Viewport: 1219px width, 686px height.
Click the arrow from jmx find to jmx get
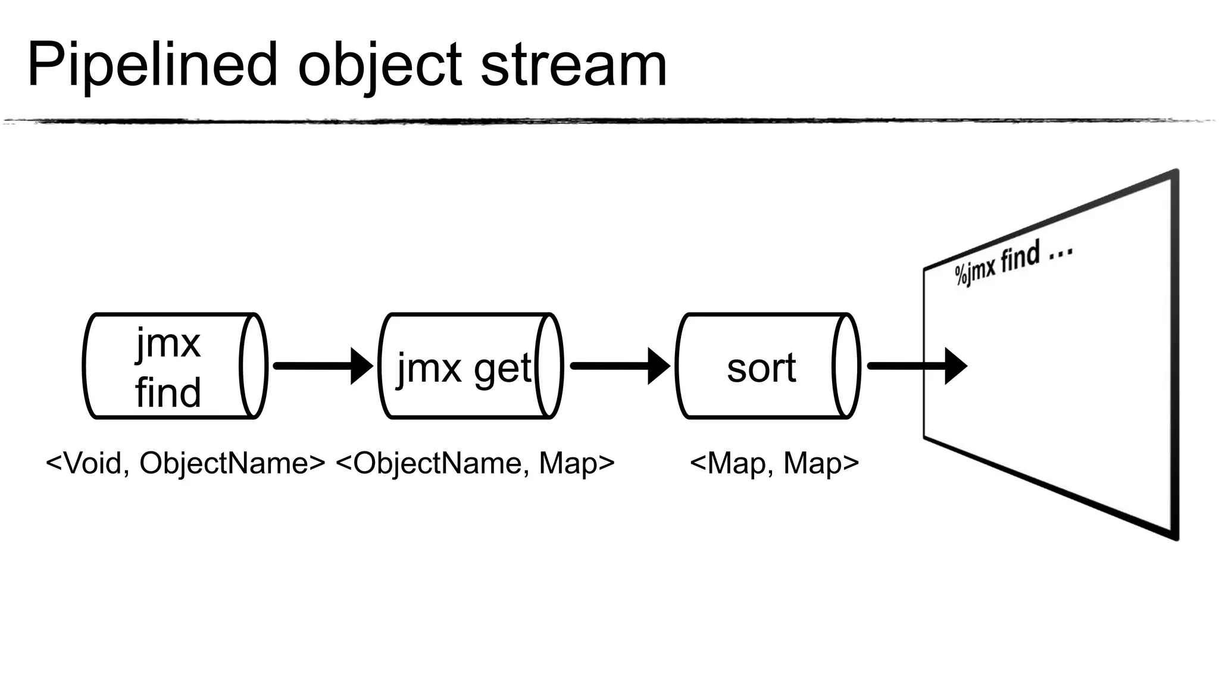(321, 366)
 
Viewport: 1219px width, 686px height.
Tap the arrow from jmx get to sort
(619, 366)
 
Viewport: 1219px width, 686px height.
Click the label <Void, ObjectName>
(185, 463)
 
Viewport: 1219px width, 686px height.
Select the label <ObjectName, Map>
(474, 463)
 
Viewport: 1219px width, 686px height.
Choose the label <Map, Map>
(774, 463)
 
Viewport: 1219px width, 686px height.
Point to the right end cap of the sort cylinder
(846, 366)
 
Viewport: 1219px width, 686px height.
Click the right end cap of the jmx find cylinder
(254, 366)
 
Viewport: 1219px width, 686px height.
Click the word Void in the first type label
(93, 463)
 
